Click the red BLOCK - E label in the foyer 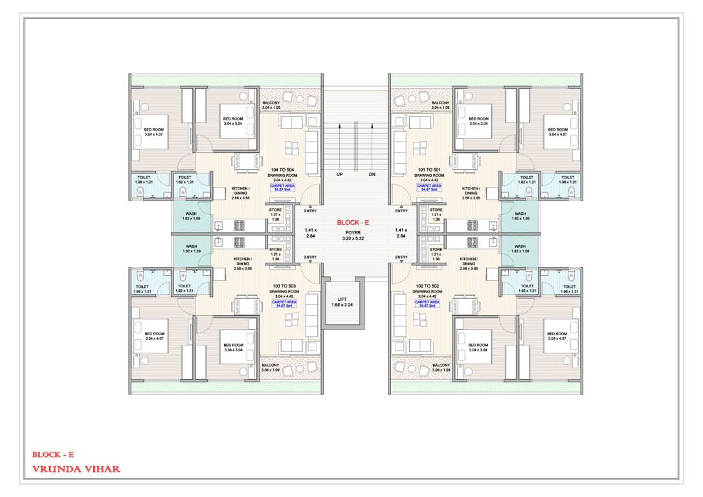click(352, 222)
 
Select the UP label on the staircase click(339, 175)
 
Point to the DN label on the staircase click(372, 175)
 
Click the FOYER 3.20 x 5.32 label click(352, 235)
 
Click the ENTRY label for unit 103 click(311, 258)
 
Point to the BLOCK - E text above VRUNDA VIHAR click(57, 455)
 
